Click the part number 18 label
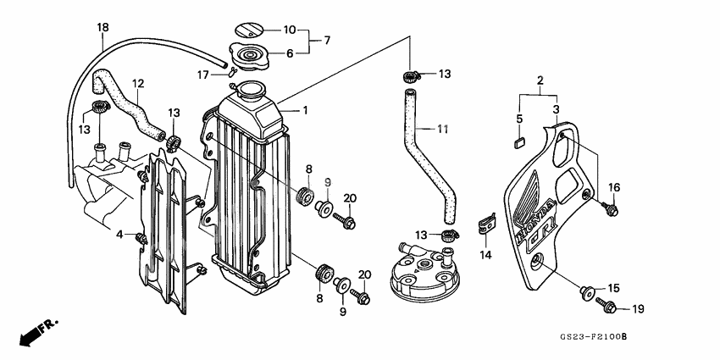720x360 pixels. click(x=102, y=28)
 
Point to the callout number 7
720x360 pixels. click(x=327, y=40)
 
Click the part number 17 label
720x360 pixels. click(x=202, y=75)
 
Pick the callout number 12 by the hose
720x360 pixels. click(x=138, y=83)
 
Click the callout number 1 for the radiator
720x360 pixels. click(x=306, y=110)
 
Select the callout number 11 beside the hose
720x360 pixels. click(x=441, y=129)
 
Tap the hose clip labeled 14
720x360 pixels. click(x=485, y=222)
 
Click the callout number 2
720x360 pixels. click(x=539, y=80)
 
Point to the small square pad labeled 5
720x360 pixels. click(x=520, y=141)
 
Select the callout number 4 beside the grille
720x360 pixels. click(x=119, y=234)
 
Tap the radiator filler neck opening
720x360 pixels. click(x=252, y=87)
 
